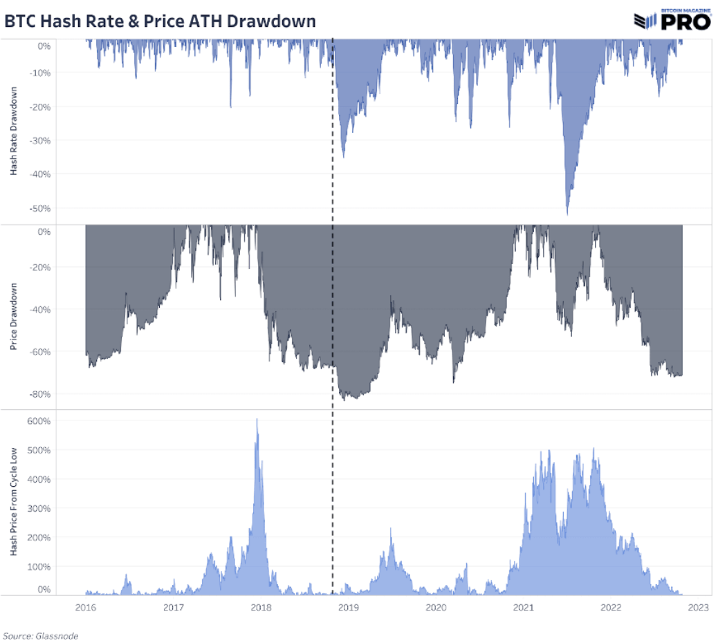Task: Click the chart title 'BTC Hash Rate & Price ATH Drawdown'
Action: (x=160, y=21)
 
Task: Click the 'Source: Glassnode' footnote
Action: (x=40, y=635)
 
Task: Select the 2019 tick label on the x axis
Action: (x=348, y=608)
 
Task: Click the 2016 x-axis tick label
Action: (x=86, y=608)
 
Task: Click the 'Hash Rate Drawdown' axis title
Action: (x=14, y=131)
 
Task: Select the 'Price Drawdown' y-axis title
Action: (x=14, y=317)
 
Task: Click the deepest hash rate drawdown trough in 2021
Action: (x=567, y=214)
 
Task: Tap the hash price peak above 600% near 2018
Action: (x=257, y=419)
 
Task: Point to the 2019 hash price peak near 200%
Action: (x=391, y=529)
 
